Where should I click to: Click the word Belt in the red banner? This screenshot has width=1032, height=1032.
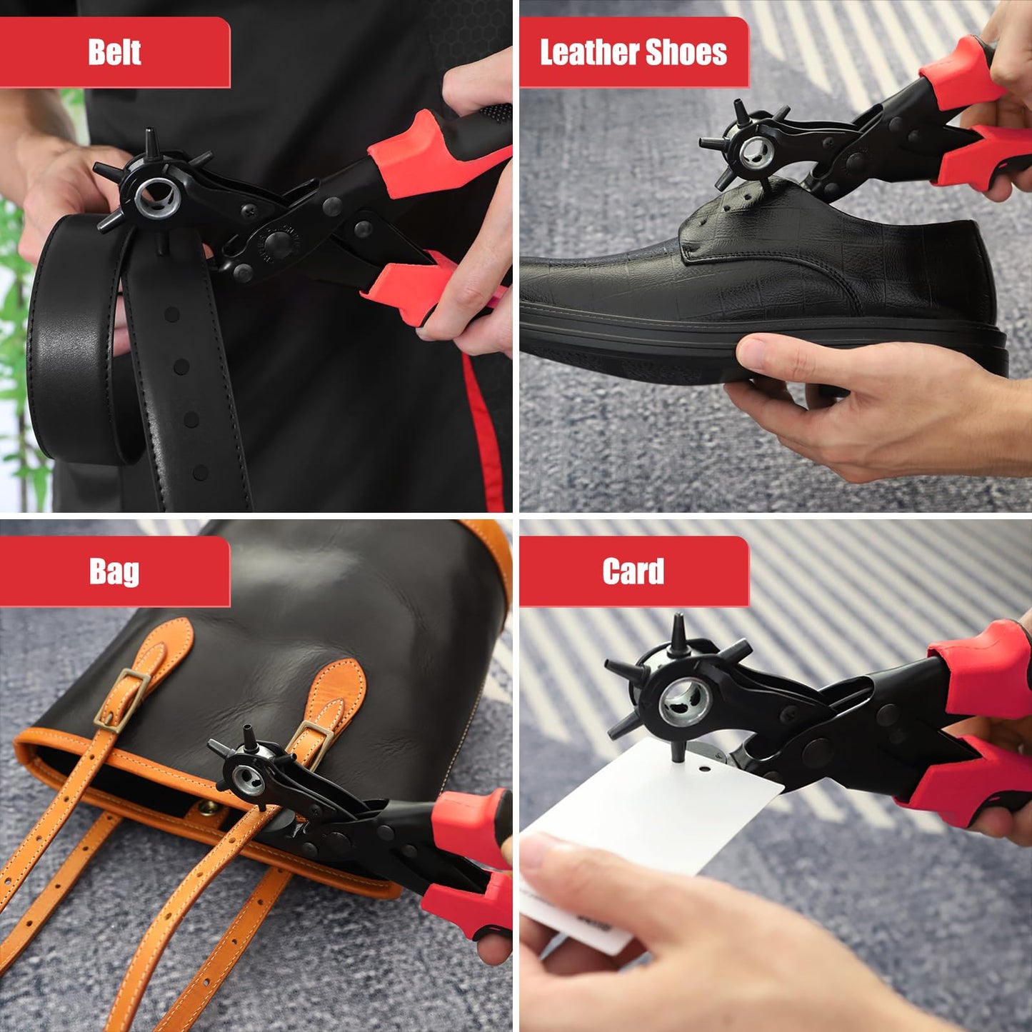point(114,53)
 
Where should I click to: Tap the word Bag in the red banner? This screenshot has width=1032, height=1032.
point(114,571)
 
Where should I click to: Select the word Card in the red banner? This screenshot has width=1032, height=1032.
point(633,571)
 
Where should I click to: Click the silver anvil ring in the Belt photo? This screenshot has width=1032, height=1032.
point(157,197)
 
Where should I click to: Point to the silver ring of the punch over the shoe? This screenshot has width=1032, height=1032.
point(756,152)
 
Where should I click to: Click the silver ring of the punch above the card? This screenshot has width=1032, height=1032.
point(682,701)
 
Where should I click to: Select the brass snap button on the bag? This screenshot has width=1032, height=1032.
point(209,808)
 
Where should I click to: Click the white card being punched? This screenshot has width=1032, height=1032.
point(643,821)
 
